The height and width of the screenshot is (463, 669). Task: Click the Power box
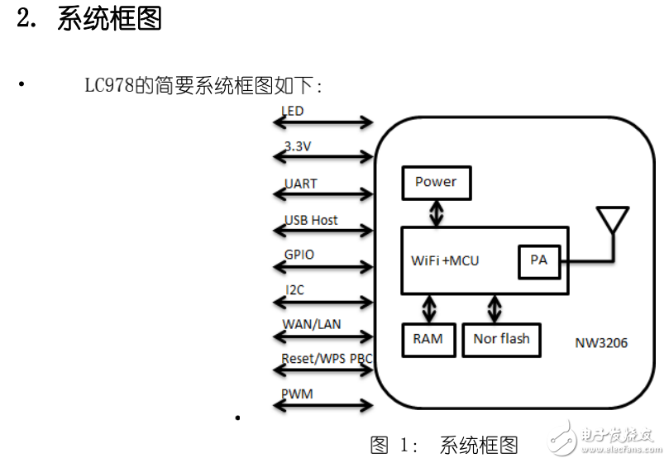click(x=436, y=183)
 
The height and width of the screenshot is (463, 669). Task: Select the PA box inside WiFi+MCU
click(x=538, y=260)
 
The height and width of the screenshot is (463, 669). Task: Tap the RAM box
click(x=428, y=339)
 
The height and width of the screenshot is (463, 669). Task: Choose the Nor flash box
click(x=501, y=339)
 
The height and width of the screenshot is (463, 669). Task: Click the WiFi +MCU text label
click(x=445, y=260)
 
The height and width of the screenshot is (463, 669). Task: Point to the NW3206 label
click(x=601, y=342)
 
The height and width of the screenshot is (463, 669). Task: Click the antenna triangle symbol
click(x=612, y=220)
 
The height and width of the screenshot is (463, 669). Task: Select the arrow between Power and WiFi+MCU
click(x=436, y=212)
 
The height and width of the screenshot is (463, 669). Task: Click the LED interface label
click(x=293, y=111)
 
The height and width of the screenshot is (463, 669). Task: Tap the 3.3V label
click(x=298, y=146)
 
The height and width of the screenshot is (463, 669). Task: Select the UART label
click(x=300, y=184)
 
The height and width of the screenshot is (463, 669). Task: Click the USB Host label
click(x=311, y=220)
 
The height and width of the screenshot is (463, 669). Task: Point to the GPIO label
click(x=299, y=255)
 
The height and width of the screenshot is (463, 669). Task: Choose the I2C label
click(x=295, y=290)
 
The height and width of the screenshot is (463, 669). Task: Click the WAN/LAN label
click(x=312, y=324)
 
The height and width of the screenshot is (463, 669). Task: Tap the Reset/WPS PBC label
click(x=327, y=359)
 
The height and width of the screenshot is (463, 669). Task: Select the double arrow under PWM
click(x=323, y=405)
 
